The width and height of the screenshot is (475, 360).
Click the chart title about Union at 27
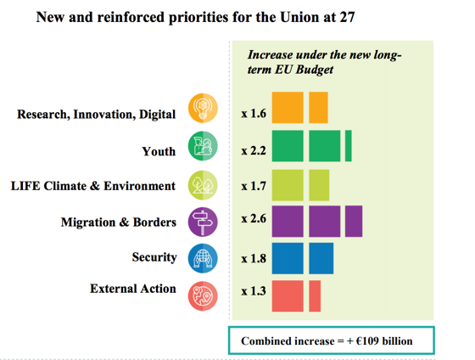[x=195, y=16]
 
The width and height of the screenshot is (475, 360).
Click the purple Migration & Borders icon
[x=204, y=222]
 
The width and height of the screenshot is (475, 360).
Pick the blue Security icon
[x=204, y=257]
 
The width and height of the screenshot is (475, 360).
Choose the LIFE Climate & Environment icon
[x=204, y=184]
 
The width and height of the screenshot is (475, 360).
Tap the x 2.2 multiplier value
[x=254, y=150]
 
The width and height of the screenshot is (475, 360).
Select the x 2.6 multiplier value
[x=254, y=220]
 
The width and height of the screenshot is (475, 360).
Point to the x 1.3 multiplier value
[x=254, y=292]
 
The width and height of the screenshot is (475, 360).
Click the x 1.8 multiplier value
[x=254, y=256]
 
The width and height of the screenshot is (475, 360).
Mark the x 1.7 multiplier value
[x=254, y=184]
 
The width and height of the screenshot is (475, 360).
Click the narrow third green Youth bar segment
[x=349, y=146]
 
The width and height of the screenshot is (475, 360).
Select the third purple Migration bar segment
[x=354, y=221]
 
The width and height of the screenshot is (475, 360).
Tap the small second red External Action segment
[x=315, y=295]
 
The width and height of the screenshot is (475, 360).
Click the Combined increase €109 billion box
[x=332, y=340]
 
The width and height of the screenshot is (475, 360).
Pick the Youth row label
[x=159, y=151]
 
